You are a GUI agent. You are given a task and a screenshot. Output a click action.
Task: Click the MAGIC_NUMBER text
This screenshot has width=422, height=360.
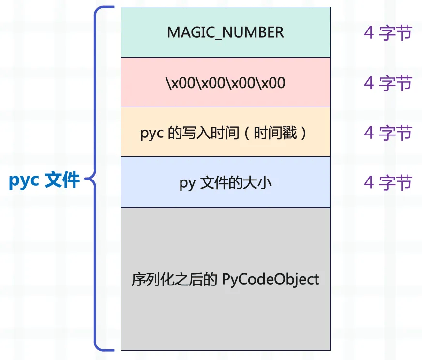pos(225,32)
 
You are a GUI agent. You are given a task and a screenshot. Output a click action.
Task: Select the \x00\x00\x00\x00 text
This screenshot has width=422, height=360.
pos(225,83)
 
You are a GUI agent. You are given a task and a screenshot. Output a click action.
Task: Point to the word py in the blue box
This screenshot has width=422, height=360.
pos(187,183)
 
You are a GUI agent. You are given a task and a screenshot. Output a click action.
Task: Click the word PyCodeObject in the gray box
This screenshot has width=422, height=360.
pos(271,279)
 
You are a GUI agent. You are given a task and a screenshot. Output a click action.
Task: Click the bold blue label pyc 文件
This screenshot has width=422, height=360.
pos(44,180)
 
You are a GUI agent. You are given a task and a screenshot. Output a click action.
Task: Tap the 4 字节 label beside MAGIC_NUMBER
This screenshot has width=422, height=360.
pos(388,33)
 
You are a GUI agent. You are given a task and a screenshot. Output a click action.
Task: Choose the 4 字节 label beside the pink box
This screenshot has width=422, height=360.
pos(388,83)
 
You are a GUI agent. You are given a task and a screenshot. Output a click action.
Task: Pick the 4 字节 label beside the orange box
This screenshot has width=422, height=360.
pos(388,133)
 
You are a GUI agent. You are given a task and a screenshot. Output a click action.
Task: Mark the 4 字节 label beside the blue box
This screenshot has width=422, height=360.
pos(388,182)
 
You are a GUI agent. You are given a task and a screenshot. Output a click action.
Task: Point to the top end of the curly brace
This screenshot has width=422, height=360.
pos(113,8)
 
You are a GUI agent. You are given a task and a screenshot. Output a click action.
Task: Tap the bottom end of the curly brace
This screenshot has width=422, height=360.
pos(113,349)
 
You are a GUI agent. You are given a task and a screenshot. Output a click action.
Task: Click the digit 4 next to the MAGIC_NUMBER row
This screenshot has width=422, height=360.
pos(369,33)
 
